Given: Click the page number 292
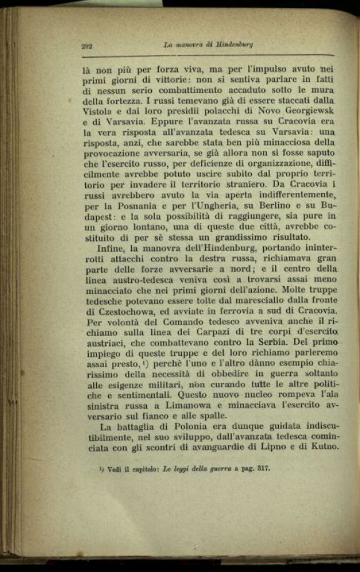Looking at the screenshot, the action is (87, 46).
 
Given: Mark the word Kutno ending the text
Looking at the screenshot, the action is (321, 449).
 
